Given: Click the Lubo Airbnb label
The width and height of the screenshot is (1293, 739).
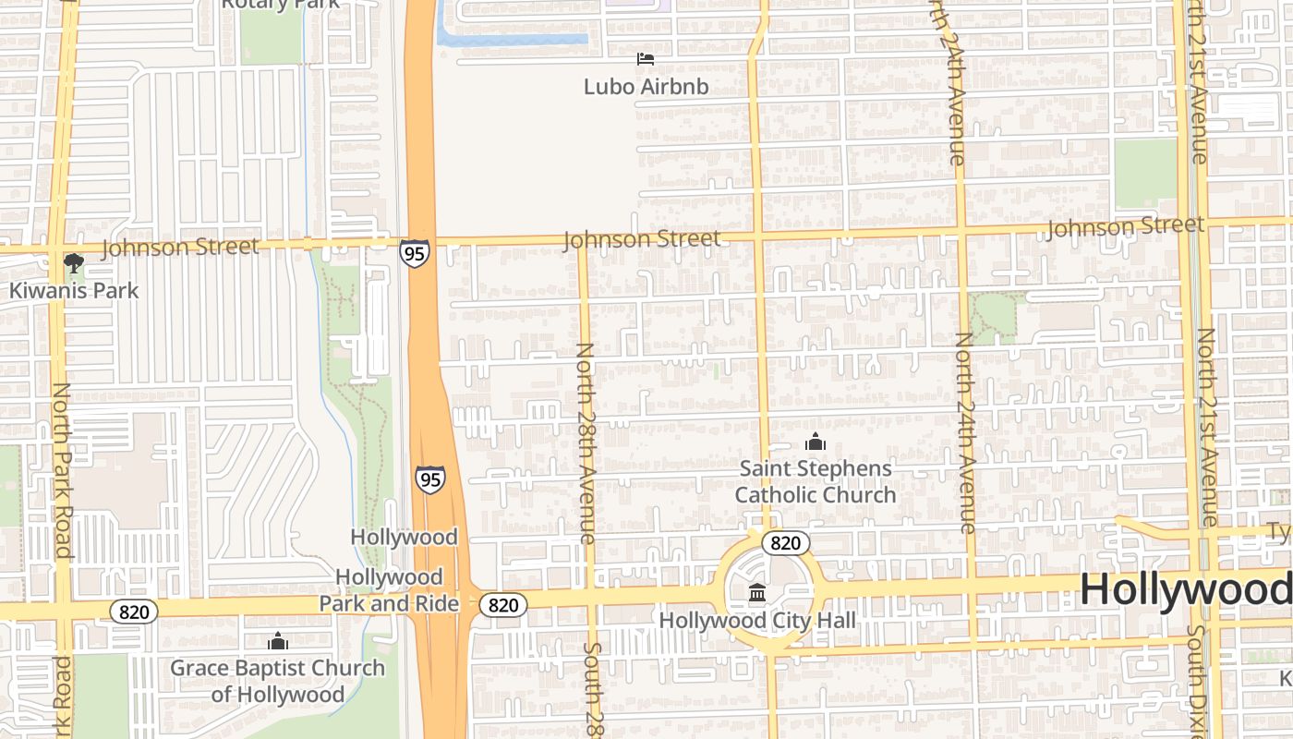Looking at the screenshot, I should [x=646, y=87].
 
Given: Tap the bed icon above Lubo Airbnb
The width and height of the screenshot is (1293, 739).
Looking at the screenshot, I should [x=646, y=59].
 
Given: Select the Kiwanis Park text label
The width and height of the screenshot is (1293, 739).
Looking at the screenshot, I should [x=74, y=290].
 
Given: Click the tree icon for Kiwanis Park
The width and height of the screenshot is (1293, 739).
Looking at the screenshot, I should [x=74, y=263].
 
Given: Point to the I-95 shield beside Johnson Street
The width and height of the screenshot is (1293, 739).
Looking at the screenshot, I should [x=415, y=253].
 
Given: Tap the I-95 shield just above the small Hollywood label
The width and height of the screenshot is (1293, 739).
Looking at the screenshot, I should [x=429, y=479].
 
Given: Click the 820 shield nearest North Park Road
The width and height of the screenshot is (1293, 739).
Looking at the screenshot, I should [x=134, y=611].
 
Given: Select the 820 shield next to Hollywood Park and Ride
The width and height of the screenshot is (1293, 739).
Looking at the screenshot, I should [x=503, y=605].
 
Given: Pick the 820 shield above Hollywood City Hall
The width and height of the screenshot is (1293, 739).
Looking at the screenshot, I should [x=785, y=542].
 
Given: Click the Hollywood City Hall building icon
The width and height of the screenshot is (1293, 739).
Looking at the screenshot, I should [x=757, y=592].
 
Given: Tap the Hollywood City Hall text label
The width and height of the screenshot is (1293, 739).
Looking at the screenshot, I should [x=757, y=620].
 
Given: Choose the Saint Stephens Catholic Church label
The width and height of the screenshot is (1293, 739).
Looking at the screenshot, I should [x=816, y=481].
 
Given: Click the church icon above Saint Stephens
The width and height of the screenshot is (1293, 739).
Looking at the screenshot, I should [x=815, y=442].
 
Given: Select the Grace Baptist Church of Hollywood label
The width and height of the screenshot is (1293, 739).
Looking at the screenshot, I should [x=277, y=681].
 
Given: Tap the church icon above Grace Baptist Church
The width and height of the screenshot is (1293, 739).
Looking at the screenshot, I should [x=277, y=641].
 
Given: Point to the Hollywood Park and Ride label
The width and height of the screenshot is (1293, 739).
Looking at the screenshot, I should [x=389, y=590].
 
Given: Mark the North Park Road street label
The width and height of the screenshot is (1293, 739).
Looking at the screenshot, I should [x=62, y=471].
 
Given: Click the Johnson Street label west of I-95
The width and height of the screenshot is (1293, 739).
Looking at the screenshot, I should [x=180, y=247].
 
